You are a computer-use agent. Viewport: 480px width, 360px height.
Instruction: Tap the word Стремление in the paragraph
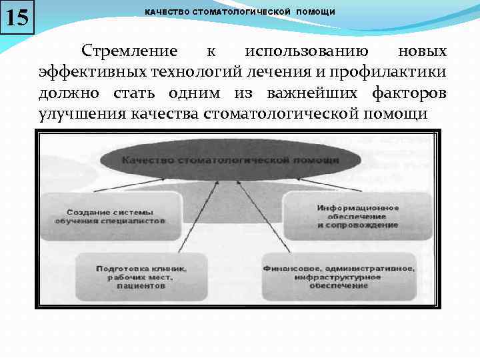point(129,51)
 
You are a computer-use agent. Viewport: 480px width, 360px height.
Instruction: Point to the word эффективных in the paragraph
point(89,72)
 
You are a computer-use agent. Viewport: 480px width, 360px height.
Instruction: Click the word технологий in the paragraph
point(185,72)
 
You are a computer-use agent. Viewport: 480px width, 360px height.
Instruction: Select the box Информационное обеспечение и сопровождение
point(358,217)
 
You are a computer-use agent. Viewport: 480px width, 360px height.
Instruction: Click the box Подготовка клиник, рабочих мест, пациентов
point(141,276)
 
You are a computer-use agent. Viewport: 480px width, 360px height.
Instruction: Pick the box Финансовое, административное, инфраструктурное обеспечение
point(338,276)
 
